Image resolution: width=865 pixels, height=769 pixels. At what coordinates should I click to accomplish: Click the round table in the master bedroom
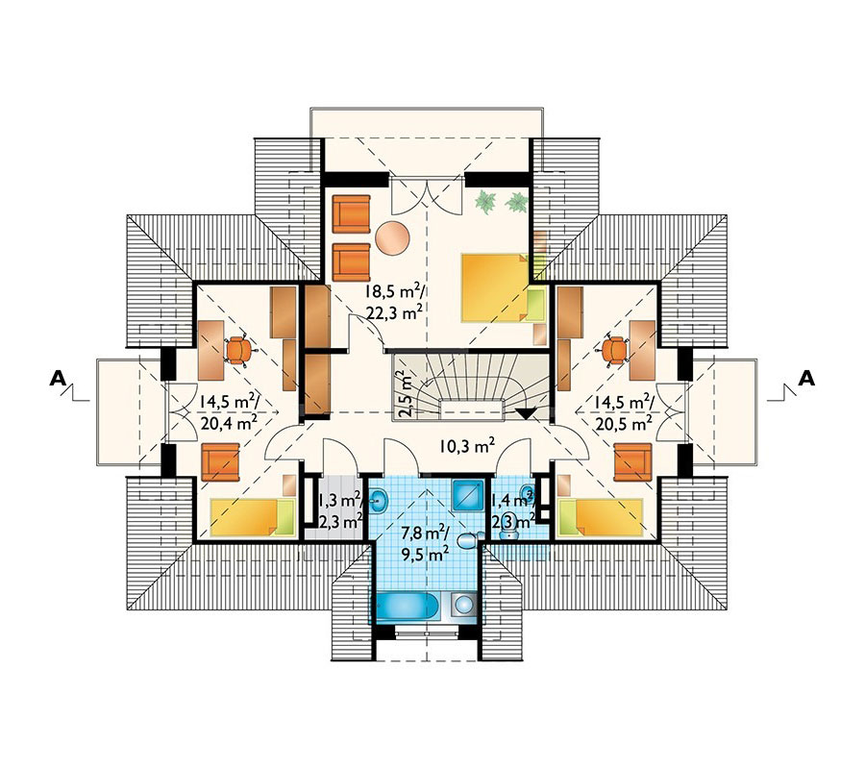click(x=392, y=237)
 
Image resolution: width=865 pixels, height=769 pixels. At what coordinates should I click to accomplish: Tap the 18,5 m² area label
click(x=394, y=290)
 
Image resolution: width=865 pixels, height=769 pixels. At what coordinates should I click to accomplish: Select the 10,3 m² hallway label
click(x=466, y=445)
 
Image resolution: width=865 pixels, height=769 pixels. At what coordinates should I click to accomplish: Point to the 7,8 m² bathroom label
click(x=426, y=533)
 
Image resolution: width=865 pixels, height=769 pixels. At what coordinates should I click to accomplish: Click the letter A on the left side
click(x=58, y=378)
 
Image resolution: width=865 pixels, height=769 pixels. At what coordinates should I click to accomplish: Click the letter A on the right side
click(x=806, y=378)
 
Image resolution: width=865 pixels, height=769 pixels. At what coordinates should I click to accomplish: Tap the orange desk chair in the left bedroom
click(x=238, y=350)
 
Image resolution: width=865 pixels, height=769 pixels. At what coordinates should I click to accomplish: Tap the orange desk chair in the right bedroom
click(x=614, y=350)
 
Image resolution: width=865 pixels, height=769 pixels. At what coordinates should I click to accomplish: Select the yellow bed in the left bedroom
click(x=253, y=517)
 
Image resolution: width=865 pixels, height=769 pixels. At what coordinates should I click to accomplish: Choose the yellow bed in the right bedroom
click(x=600, y=517)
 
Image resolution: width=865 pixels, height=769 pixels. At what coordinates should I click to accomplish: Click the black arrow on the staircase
click(x=527, y=413)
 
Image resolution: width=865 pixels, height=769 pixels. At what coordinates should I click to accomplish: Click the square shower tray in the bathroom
click(x=468, y=494)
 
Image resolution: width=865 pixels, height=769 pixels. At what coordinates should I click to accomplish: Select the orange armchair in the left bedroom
click(x=220, y=462)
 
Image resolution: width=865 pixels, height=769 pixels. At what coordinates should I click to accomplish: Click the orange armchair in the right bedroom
click(x=632, y=462)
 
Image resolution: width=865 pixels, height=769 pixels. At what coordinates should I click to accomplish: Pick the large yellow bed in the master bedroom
click(x=495, y=287)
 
